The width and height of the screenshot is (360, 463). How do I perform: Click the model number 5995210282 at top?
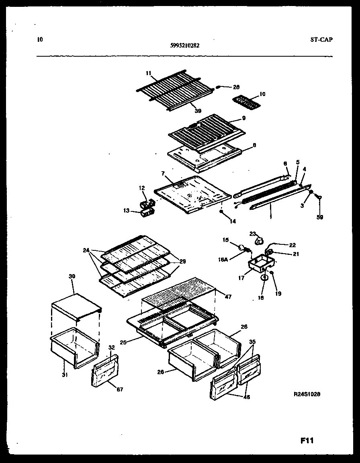click(x=185, y=45)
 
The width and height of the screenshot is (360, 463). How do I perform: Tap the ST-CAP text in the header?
click(x=321, y=39)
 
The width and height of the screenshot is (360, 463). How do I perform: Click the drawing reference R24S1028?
click(x=307, y=395)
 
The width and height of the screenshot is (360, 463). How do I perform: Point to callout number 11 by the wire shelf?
click(x=149, y=73)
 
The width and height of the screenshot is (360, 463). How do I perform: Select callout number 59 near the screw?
click(x=319, y=217)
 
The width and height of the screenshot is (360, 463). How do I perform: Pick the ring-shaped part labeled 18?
click(x=265, y=277)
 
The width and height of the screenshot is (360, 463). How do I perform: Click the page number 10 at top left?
click(x=39, y=39)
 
